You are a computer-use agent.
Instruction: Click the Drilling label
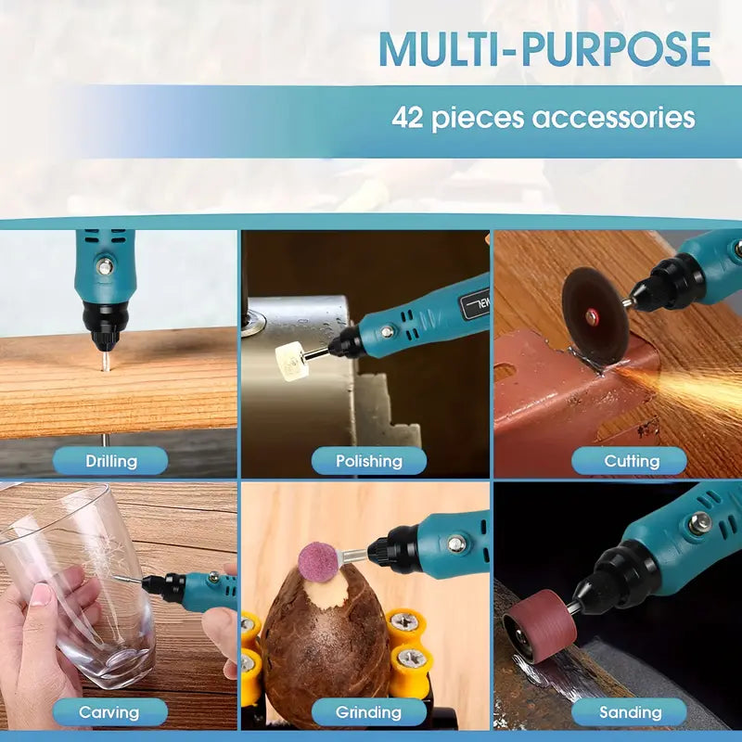pos(110,460)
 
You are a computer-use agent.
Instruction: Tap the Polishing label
pos(368,460)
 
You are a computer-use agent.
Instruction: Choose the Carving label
pos(110,711)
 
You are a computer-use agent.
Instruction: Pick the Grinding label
pos(368,711)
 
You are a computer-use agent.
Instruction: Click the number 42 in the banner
pos(407,117)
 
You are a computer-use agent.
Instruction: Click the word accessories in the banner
pos(614,118)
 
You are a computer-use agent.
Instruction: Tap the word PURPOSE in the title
pos(616,49)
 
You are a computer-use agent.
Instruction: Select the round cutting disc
pos(595,315)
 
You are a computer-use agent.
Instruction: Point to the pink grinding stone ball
pos(317,561)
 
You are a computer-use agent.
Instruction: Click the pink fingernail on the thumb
pos(42,594)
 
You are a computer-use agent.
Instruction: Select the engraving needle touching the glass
pos(128,579)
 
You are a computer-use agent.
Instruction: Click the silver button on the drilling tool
pos(105,266)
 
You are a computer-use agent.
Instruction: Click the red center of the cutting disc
pos(592,316)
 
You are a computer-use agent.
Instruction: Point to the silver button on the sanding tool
pos(699,524)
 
